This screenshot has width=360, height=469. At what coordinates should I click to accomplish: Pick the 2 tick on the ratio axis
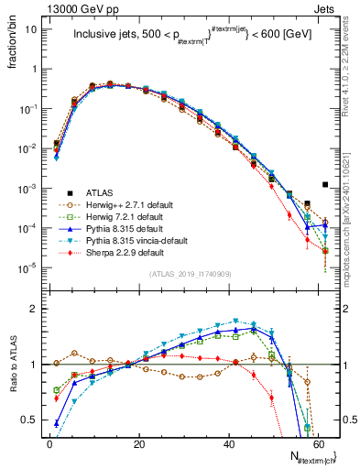36,309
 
